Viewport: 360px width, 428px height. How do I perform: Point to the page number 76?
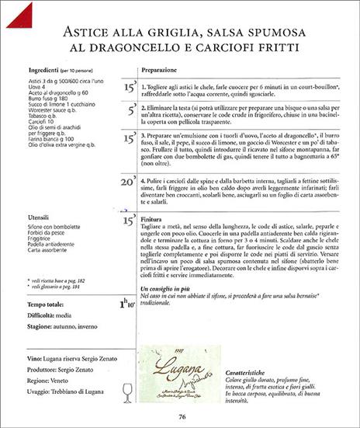(180, 416)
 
